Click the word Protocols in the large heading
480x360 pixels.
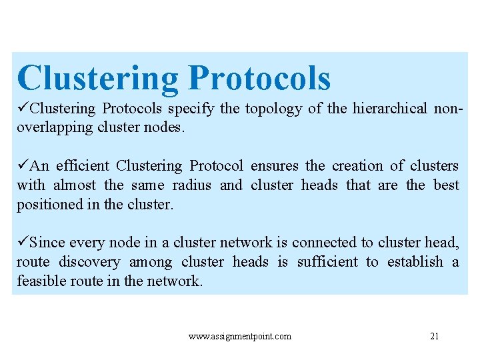(259, 79)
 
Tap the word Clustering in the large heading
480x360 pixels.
(98, 79)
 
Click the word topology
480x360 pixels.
(273, 109)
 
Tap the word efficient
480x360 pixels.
(82, 166)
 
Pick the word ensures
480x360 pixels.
(275, 166)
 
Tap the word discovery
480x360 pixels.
(89, 262)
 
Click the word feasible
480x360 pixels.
(41, 281)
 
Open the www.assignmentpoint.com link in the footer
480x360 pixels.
(240, 337)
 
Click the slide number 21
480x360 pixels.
(434, 336)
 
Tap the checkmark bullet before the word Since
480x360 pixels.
(23, 242)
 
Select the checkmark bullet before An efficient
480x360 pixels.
(23, 165)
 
